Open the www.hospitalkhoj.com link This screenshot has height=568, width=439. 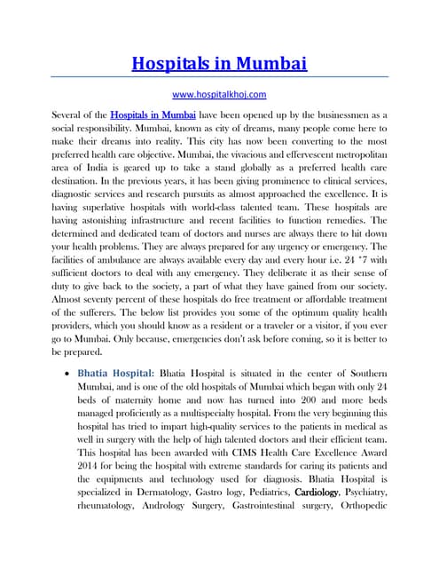point(219,92)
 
